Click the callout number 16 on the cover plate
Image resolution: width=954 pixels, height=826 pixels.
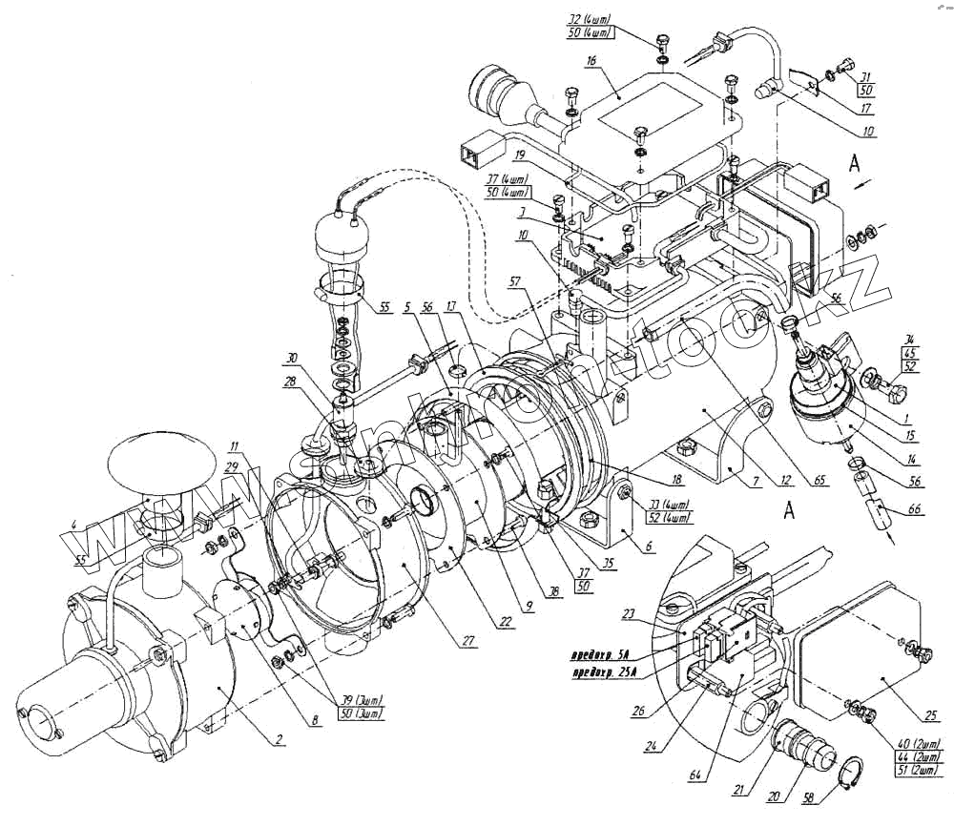(x=591, y=60)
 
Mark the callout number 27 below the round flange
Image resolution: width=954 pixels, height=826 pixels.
(x=468, y=640)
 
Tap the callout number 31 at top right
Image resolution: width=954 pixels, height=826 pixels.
(x=866, y=77)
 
